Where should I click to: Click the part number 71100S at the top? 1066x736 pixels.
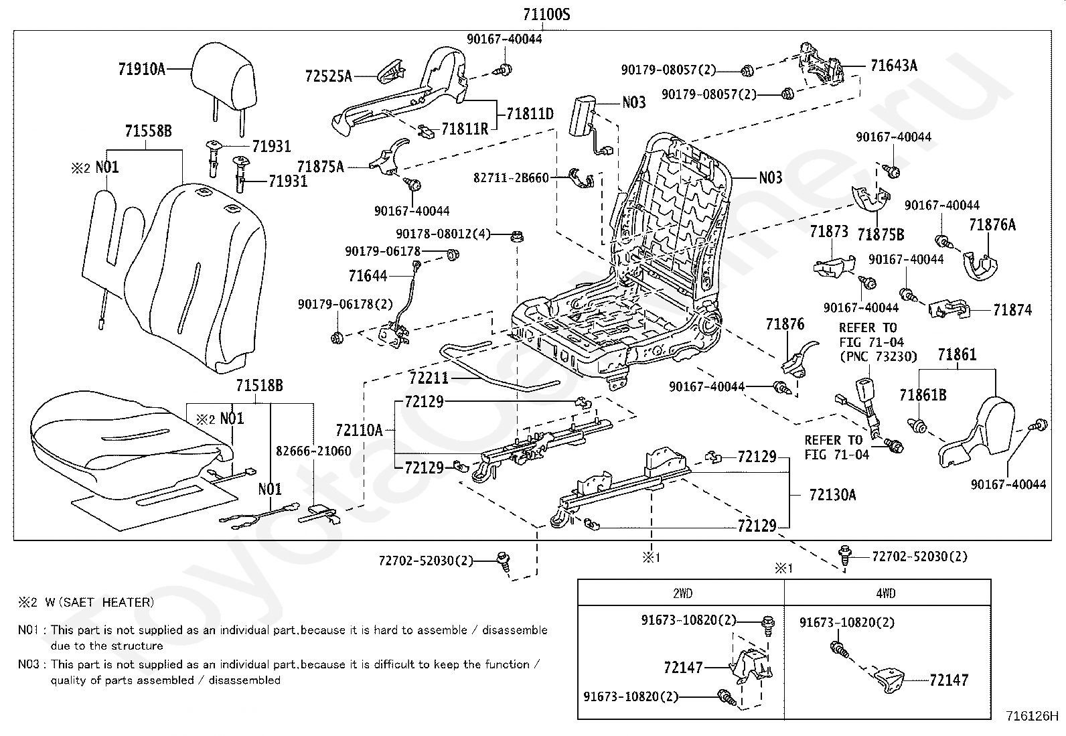click(546, 14)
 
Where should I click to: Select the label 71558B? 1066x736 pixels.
click(149, 131)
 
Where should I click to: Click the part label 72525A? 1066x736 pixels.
click(328, 76)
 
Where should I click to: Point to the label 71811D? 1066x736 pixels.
click(530, 114)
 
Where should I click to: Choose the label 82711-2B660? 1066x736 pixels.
click(511, 177)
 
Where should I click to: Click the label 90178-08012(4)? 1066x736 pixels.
click(443, 234)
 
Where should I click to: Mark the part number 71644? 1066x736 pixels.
click(368, 276)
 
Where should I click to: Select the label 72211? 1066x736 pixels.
click(429, 378)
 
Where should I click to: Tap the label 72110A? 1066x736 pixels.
click(360, 431)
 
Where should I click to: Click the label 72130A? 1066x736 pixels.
click(832, 495)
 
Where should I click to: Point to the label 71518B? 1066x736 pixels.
click(259, 385)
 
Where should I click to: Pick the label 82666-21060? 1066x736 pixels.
click(313, 451)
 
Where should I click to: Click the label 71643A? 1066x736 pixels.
click(894, 65)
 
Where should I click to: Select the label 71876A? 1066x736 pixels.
click(992, 224)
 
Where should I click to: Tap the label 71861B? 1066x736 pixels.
click(923, 394)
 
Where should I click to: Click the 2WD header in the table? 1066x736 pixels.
click(682, 593)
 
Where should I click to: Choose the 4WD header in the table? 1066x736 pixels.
click(886, 593)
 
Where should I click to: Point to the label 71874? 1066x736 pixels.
click(1012, 310)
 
